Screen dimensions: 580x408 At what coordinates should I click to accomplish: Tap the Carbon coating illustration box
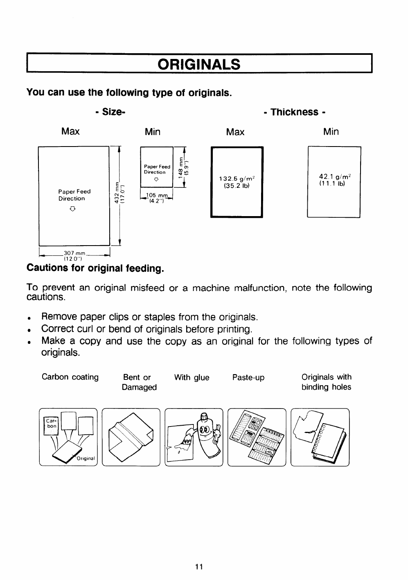click(x=68, y=437)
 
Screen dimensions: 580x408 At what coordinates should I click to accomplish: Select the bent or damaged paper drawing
click(x=131, y=437)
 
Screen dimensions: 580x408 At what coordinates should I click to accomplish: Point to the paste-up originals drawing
click(x=257, y=437)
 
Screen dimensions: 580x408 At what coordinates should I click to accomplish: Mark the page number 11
click(x=199, y=566)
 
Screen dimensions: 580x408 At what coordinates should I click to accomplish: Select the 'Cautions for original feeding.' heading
click(x=95, y=269)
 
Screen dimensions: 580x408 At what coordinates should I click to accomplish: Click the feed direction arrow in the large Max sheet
click(x=72, y=209)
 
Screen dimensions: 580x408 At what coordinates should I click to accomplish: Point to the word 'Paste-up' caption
click(x=248, y=377)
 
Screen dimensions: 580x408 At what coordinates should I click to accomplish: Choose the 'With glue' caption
click(x=192, y=377)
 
